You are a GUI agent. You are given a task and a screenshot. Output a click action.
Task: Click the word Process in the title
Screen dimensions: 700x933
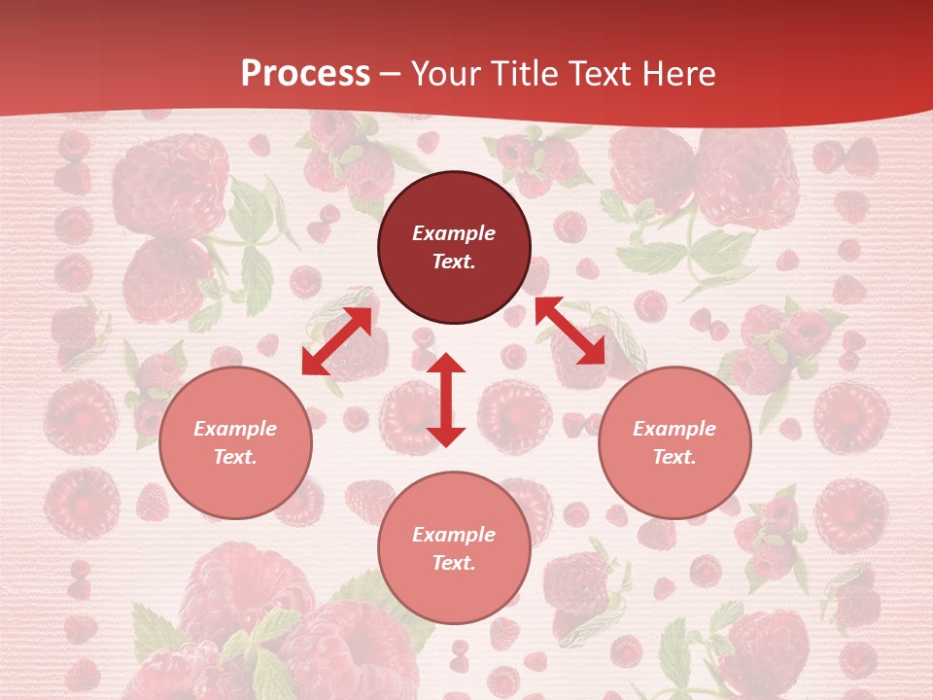tap(305, 74)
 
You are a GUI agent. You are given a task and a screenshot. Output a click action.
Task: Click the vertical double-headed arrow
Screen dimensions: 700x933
tap(446, 400)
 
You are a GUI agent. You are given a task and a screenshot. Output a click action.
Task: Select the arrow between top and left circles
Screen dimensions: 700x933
tap(336, 340)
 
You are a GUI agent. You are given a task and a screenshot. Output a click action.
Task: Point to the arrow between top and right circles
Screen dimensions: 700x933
tap(570, 331)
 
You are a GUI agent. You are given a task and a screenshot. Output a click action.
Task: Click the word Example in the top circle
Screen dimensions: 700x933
tap(454, 233)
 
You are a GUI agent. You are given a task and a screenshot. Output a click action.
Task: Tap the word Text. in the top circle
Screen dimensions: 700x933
tap(454, 262)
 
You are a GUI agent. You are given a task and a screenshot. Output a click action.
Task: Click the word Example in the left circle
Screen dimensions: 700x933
tap(235, 429)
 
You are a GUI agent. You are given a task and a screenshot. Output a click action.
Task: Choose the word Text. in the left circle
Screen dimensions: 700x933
tap(235, 457)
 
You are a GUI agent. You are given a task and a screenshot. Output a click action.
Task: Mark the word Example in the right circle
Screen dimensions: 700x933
tap(674, 429)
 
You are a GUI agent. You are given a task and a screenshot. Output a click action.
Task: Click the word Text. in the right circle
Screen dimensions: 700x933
tap(674, 457)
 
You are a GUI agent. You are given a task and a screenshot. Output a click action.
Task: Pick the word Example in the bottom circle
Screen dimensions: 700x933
tap(454, 535)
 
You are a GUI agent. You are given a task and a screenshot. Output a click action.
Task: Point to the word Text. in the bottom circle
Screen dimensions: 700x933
tap(454, 563)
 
